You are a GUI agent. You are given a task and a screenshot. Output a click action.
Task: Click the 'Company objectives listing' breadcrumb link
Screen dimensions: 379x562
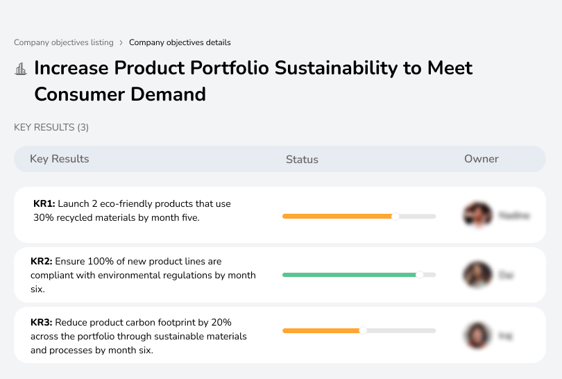(x=63, y=42)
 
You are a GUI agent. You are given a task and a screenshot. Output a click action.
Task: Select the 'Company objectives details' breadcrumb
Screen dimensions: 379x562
(x=180, y=42)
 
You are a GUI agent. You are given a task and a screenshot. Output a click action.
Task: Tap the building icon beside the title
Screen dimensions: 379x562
(x=21, y=69)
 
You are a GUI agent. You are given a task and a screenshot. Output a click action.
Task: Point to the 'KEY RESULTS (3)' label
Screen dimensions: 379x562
(x=51, y=127)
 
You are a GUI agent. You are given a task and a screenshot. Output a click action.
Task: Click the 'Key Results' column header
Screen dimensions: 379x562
(x=60, y=159)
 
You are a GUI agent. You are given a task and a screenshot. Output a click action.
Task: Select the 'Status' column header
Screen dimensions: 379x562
(x=302, y=160)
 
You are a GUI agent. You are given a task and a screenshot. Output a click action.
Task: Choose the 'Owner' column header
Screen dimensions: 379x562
(x=482, y=159)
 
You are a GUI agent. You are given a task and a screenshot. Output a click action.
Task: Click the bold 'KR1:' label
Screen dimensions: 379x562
(x=44, y=204)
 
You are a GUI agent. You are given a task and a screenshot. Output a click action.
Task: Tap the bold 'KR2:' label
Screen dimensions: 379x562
(x=42, y=262)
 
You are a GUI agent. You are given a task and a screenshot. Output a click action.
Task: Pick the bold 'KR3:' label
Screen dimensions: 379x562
(x=42, y=322)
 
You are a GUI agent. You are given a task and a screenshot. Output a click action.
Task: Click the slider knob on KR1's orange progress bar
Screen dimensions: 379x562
(x=395, y=216)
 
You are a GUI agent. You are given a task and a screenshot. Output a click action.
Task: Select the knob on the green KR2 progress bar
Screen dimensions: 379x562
(x=419, y=275)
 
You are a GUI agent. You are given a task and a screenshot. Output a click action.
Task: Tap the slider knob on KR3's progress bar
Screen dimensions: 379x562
(x=362, y=330)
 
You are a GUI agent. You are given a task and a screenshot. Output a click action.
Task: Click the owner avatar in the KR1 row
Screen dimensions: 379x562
(x=477, y=215)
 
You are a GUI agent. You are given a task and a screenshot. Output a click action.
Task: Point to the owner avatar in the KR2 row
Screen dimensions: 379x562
(x=477, y=275)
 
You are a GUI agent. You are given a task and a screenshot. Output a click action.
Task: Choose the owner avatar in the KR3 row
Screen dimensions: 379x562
(x=477, y=335)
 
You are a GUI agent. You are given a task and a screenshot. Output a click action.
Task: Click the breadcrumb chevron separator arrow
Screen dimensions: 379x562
(x=121, y=42)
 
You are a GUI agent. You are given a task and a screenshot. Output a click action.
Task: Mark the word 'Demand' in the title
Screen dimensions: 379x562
(x=170, y=94)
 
